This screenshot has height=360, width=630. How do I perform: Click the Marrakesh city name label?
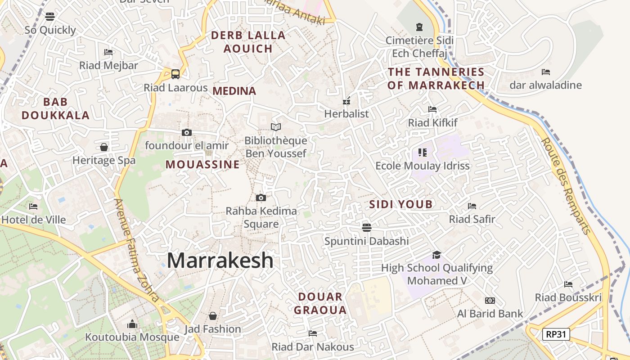[220, 261]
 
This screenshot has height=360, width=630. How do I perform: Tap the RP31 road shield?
[556, 334]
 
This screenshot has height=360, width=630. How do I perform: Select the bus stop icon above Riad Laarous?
[175, 74]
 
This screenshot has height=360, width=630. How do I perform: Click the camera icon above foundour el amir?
[187, 132]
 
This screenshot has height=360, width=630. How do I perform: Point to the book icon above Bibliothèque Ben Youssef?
[275, 127]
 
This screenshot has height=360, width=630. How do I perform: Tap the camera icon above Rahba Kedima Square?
[261, 198]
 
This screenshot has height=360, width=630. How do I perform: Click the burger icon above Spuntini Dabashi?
[367, 227]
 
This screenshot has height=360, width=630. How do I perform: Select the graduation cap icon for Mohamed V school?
[436, 255]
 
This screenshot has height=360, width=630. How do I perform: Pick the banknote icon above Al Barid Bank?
[490, 300]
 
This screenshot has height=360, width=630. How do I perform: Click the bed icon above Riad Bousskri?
[568, 284]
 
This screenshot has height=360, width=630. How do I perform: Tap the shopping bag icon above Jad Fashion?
[213, 316]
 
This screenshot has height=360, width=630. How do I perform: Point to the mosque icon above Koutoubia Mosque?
[132, 324]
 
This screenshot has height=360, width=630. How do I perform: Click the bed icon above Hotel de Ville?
[33, 207]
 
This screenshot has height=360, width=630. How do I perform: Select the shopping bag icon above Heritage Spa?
[104, 147]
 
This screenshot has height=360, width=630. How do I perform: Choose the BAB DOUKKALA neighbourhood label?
[55, 108]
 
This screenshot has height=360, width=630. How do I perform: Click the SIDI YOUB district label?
[401, 204]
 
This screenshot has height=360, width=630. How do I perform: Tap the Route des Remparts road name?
[565, 185]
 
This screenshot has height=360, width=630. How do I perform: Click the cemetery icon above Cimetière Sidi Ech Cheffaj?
[420, 27]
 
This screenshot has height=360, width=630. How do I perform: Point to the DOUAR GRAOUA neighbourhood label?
[320, 303]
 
